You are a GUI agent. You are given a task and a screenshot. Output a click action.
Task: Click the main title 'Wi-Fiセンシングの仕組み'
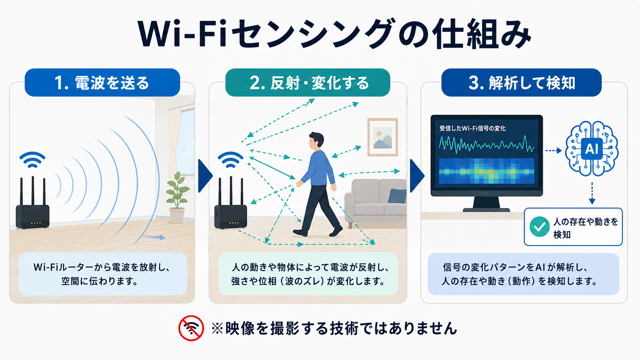coord(334,34)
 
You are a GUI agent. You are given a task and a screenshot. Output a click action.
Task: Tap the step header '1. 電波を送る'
coord(102,83)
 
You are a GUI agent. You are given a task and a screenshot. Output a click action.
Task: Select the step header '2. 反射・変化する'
coord(308,83)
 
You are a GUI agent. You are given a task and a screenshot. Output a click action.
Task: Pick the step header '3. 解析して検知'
coord(521,83)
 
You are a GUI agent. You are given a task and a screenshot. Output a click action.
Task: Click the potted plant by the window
coord(177,197)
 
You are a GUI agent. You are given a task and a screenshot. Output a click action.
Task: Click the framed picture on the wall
coord(382,137)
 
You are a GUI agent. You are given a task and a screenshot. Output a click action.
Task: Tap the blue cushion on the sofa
coord(397,196)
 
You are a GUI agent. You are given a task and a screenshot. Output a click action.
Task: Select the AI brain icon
coord(592,148)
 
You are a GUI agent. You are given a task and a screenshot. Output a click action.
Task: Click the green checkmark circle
coord(539,227)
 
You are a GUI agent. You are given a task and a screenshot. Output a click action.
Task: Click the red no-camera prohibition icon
coord(191,328)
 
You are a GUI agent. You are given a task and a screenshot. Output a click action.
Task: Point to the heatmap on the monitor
coord(487,171)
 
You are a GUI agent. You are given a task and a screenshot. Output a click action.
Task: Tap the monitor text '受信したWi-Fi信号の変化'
coord(472,129)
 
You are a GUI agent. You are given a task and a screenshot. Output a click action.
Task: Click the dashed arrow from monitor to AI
coord(554,150)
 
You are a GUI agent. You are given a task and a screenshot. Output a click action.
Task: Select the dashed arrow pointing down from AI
coord(592,193)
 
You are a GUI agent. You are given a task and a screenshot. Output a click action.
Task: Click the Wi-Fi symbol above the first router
coord(32,160)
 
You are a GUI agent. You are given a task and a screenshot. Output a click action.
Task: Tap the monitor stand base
coord(486,210)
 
